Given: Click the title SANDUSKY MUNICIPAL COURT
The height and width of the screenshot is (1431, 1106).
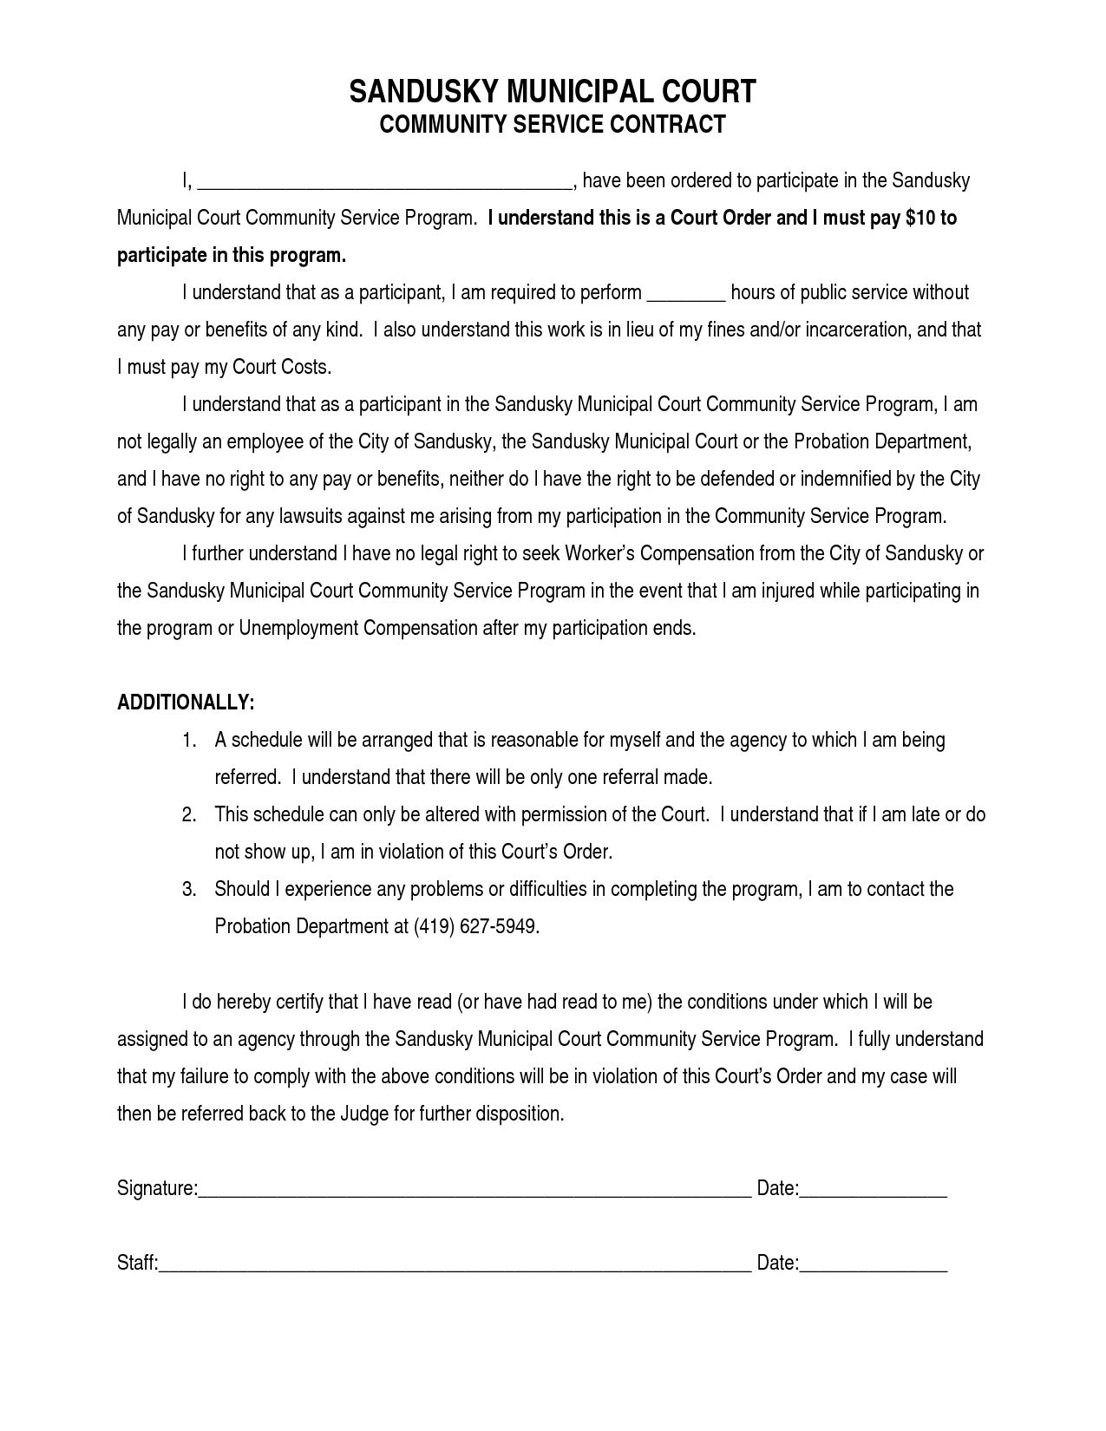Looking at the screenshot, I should pyautogui.click(x=553, y=92).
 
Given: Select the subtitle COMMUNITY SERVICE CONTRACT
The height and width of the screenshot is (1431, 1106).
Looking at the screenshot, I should pyautogui.click(x=553, y=125).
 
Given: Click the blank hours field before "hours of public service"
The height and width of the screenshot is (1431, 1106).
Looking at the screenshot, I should pyautogui.click(x=686, y=294).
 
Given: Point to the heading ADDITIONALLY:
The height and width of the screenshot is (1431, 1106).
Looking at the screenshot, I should pyautogui.click(x=186, y=702).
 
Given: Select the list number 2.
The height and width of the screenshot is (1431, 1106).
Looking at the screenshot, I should pyautogui.click(x=188, y=815).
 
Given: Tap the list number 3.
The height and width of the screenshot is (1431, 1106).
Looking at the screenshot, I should pyautogui.click(x=188, y=890).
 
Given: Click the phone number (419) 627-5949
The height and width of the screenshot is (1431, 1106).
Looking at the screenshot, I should pyautogui.click(x=476, y=927).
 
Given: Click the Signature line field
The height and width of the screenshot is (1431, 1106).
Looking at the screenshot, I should pyautogui.click(x=474, y=1190).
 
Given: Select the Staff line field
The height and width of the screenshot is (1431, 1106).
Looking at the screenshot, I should pyautogui.click(x=455, y=1264).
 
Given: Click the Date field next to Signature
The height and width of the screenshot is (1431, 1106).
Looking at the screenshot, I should pyautogui.click(x=873, y=1190).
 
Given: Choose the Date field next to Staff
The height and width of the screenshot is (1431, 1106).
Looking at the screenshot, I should pyautogui.click(x=873, y=1264).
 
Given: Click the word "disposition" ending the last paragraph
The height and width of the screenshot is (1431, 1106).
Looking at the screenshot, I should pyautogui.click(x=519, y=1114).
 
